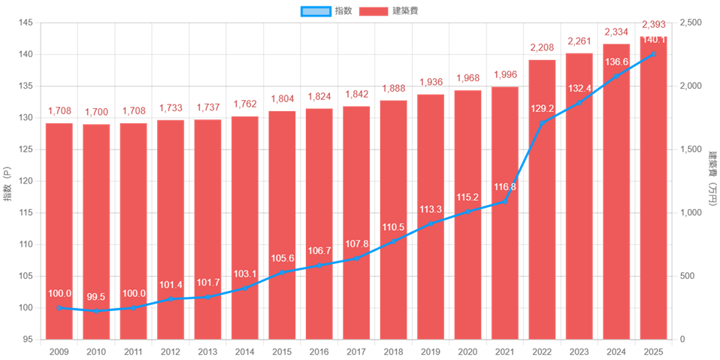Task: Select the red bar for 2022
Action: tap(542, 199)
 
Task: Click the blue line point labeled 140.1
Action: tap(653, 54)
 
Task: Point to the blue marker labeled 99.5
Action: tap(96, 310)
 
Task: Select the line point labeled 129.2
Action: tap(542, 123)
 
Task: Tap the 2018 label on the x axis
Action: tap(393, 350)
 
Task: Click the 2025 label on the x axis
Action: tap(653, 350)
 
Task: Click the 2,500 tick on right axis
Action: tap(690, 23)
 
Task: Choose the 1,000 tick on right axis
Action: tap(690, 213)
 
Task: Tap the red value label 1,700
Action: tap(96, 112)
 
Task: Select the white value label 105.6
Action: tap(282, 259)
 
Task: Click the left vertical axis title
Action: tap(8, 181)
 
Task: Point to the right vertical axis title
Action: tap(711, 181)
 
